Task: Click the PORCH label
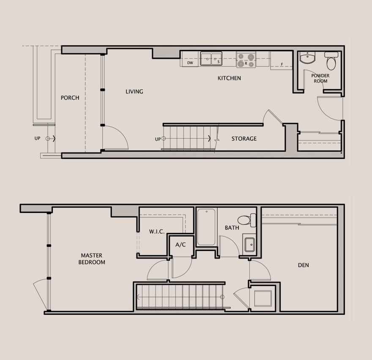point(70,98)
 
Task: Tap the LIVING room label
point(134,92)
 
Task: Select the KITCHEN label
point(229,78)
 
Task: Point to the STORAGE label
point(244,139)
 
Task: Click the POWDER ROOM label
point(320,78)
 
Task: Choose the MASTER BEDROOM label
point(92,259)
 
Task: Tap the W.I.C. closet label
point(157,232)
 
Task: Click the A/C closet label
point(181,245)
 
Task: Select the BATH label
point(232,228)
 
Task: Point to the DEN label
point(304,265)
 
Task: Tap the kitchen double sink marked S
point(211,59)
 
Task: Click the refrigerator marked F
point(282,60)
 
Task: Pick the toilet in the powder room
point(331,61)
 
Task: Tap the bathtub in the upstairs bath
point(206,227)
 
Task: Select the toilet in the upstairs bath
point(247,220)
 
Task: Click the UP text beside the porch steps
point(38,138)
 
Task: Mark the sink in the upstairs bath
point(249,244)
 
